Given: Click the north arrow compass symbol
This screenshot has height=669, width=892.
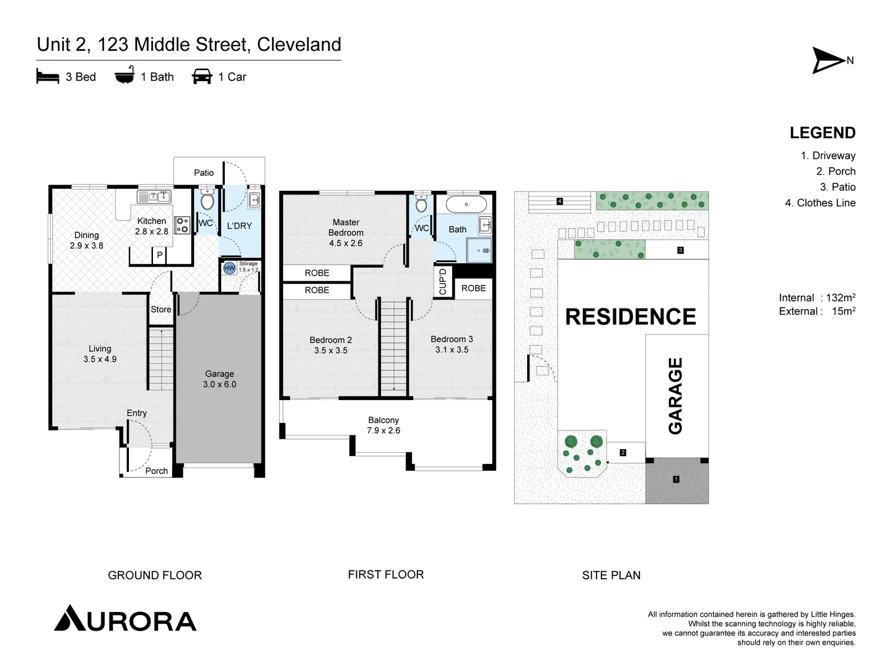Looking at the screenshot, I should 829,60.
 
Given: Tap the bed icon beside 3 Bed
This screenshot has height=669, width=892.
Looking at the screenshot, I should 48,77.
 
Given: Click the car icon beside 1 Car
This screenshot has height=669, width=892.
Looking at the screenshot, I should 202,76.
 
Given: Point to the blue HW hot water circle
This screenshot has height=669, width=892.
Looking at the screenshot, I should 229,268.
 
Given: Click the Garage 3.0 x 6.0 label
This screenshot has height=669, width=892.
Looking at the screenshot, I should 219,379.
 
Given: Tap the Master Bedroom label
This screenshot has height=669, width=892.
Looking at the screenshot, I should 346,232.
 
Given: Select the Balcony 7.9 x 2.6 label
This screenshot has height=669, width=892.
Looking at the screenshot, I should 383,425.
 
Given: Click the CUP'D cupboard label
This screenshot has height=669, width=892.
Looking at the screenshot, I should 443,281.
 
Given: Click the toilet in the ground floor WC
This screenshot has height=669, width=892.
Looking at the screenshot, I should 207,201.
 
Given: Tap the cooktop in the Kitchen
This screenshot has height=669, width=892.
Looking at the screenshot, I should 182,225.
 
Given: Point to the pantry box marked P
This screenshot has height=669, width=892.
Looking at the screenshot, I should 159,255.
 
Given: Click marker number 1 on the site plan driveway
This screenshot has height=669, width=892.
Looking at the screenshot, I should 676,479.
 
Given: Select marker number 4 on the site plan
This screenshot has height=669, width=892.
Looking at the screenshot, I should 559,201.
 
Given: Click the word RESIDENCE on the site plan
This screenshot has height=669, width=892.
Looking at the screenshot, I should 631,317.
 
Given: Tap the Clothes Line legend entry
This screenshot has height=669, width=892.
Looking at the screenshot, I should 820,203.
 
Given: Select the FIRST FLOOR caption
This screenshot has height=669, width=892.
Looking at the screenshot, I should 386,574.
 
